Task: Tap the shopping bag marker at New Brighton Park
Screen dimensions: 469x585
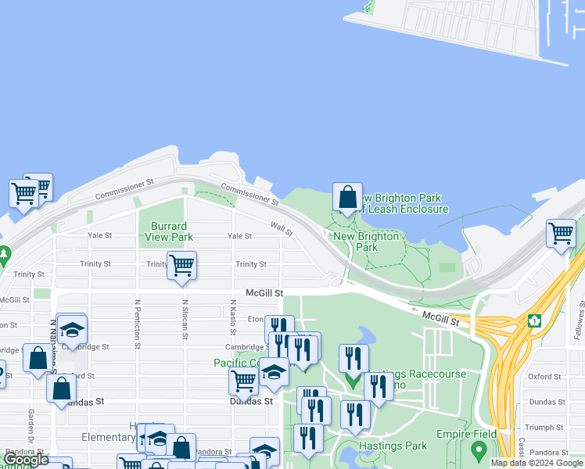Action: point(347,197)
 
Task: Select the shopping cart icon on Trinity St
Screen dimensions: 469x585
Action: point(181,266)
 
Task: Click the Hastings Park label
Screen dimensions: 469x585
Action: point(393,446)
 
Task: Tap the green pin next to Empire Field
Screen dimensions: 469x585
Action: point(479,451)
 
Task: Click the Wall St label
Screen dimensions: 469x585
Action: point(282,227)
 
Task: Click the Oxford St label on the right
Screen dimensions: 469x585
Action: point(544,376)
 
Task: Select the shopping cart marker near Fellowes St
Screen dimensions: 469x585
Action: point(561,233)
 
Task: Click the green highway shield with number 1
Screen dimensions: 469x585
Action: point(535,320)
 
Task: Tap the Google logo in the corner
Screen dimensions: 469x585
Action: point(26,460)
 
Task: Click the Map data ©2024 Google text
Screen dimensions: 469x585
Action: point(537,463)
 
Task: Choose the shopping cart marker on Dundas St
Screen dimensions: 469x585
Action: point(243,381)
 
